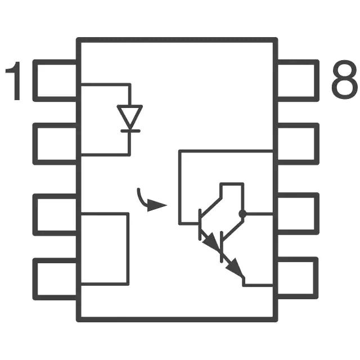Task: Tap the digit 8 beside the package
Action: pyautogui.click(x=344, y=82)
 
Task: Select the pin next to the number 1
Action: pyautogui.click(x=56, y=80)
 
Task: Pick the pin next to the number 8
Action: pyautogui.click(x=298, y=80)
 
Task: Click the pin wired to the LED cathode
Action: pyautogui.click(x=56, y=143)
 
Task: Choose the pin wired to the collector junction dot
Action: pyautogui.click(x=298, y=214)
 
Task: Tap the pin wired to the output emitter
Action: pyautogui.click(x=298, y=278)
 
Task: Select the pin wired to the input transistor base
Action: pyautogui.click(x=298, y=143)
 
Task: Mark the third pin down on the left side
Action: pyautogui.click(x=56, y=214)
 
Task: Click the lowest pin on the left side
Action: pyautogui.click(x=56, y=278)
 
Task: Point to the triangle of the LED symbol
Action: pyautogui.click(x=130, y=116)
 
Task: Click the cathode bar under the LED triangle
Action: pyautogui.click(x=130, y=130)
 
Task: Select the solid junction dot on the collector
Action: pyautogui.click(x=242, y=214)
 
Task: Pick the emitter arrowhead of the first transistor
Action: pyautogui.click(x=211, y=242)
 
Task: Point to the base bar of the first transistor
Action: pyautogui.click(x=200, y=224)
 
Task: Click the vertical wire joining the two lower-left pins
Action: pyautogui.click(x=128, y=247)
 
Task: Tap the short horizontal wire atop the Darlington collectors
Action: pyautogui.click(x=232, y=184)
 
